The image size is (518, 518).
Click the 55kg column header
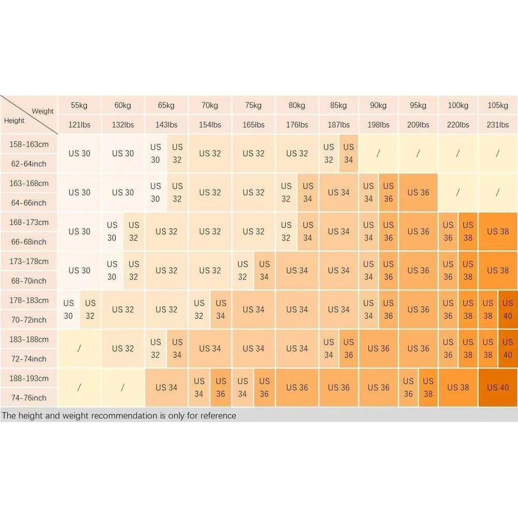click(79, 105)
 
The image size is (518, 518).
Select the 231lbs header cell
click(498, 124)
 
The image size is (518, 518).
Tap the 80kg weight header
click(297, 105)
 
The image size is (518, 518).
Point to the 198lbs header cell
click(378, 124)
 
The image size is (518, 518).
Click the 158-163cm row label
click(29, 144)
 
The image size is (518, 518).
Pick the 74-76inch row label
click(29, 398)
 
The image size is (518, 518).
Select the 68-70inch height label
click(29, 281)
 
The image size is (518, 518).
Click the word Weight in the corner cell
click(42, 111)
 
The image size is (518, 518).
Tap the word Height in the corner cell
click(14, 121)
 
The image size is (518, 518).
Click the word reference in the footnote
click(218, 415)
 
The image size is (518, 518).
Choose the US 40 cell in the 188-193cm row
click(498, 387)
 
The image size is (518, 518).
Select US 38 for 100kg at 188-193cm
click(458, 387)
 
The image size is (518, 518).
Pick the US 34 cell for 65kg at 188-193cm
click(166, 387)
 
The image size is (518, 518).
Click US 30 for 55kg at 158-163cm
click(79, 153)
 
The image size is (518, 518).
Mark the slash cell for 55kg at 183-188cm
click(79, 349)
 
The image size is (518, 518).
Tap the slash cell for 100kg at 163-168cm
click(458, 193)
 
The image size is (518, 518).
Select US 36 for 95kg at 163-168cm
click(418, 193)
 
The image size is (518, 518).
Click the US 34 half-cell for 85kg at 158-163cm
click(349, 153)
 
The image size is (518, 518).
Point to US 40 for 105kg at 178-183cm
click(508, 309)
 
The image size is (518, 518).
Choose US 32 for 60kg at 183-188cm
click(123, 349)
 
